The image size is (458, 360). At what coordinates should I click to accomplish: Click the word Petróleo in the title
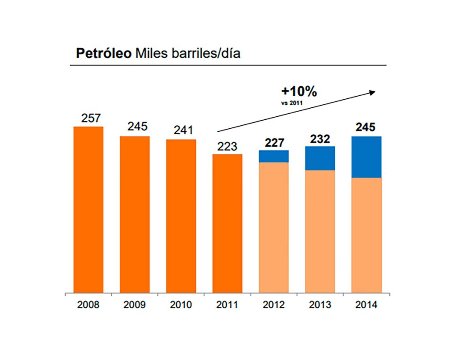[x=103, y=54]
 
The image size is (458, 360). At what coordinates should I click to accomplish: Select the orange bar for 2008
[x=88, y=210]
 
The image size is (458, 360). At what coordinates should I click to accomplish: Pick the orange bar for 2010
[x=181, y=216]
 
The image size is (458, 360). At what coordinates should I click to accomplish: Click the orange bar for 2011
[x=227, y=224]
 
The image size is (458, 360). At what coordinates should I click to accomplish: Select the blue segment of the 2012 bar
[x=274, y=156]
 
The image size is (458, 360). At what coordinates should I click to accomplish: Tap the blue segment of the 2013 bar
[x=320, y=158]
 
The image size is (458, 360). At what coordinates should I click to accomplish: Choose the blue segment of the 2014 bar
[x=366, y=157]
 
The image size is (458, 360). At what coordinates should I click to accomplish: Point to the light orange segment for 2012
[x=274, y=228]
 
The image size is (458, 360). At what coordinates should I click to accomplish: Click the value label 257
[x=91, y=118]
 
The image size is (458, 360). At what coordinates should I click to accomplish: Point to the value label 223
[x=227, y=146]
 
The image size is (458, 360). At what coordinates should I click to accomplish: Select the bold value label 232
[x=320, y=139]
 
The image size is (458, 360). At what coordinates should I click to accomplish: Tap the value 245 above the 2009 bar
[x=137, y=127]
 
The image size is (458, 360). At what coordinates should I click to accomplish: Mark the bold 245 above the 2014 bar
[x=366, y=127]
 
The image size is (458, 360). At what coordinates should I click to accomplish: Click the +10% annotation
[x=299, y=92]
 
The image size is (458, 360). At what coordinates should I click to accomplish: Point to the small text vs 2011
[x=291, y=102]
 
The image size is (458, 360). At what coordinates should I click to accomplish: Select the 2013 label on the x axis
[x=320, y=305]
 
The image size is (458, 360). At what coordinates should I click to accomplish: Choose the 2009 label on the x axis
[x=134, y=305]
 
